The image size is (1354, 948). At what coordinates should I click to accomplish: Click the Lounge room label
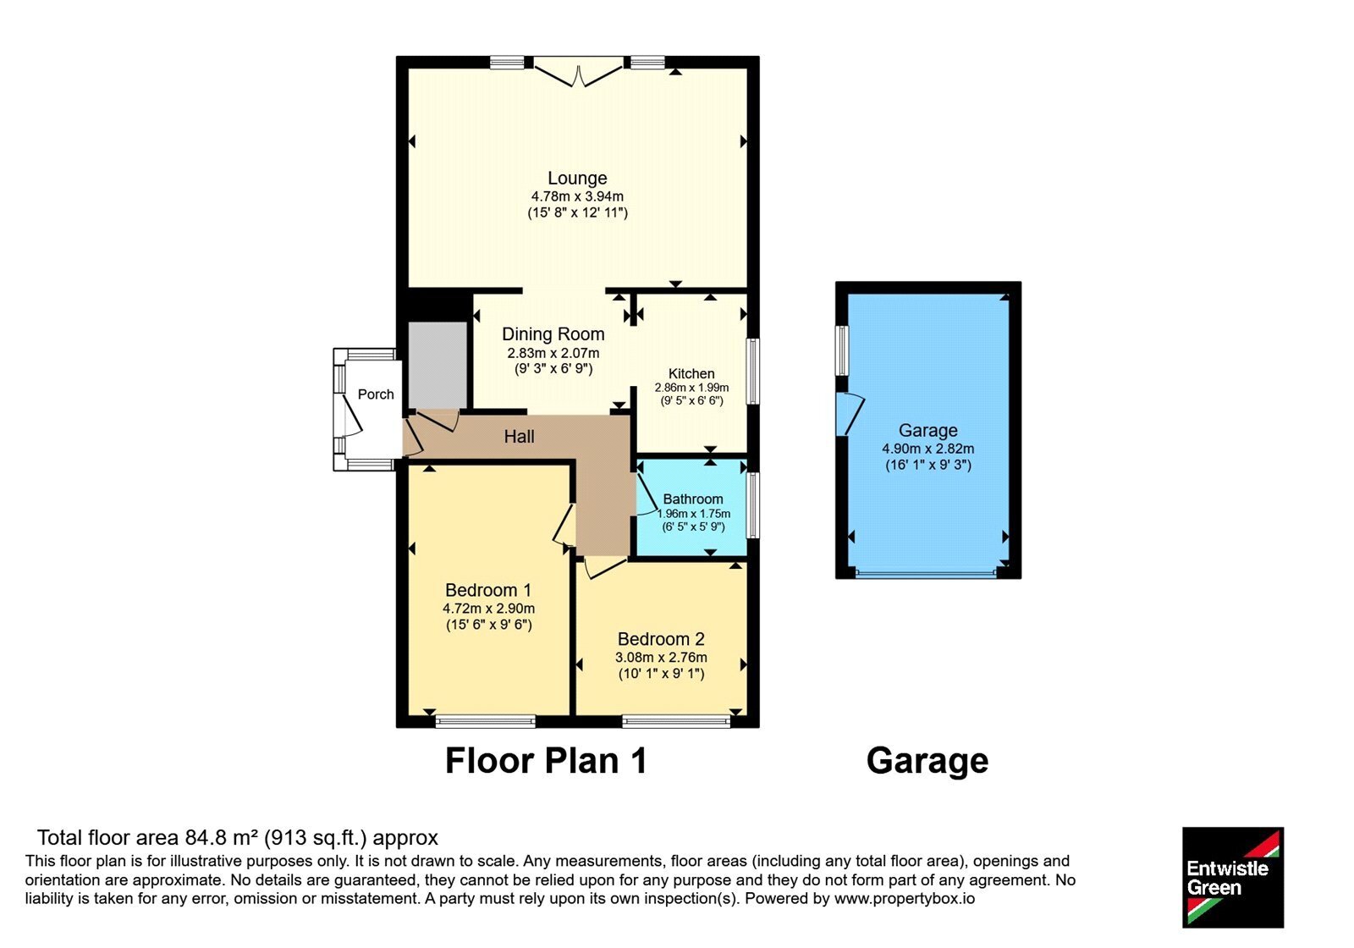[x=577, y=179]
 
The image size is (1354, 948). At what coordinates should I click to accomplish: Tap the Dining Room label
[x=553, y=334]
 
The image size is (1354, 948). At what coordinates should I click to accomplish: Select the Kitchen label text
[x=691, y=373]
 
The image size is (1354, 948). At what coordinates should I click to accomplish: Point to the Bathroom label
[x=693, y=499]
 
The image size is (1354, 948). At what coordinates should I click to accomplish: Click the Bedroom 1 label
[x=488, y=590]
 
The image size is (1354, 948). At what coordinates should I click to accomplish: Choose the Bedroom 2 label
[x=661, y=639]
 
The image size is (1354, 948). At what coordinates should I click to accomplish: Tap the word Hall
[x=520, y=437]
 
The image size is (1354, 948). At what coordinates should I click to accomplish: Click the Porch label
[x=376, y=394]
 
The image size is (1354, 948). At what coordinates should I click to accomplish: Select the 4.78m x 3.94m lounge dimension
[x=577, y=196]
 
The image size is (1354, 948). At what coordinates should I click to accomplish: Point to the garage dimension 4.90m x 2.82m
[x=927, y=449]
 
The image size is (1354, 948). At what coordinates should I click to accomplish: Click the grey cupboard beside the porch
[x=438, y=366]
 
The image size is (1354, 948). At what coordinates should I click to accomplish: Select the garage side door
[x=849, y=414]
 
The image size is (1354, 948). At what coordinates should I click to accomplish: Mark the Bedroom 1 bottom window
[x=486, y=720]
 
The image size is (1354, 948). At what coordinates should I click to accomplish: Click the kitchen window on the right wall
[x=752, y=372]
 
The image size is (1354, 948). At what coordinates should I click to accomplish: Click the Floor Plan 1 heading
[x=546, y=761]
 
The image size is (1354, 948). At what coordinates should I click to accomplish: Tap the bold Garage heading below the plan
[x=927, y=762]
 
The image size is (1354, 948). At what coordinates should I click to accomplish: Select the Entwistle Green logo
[x=1233, y=877]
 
